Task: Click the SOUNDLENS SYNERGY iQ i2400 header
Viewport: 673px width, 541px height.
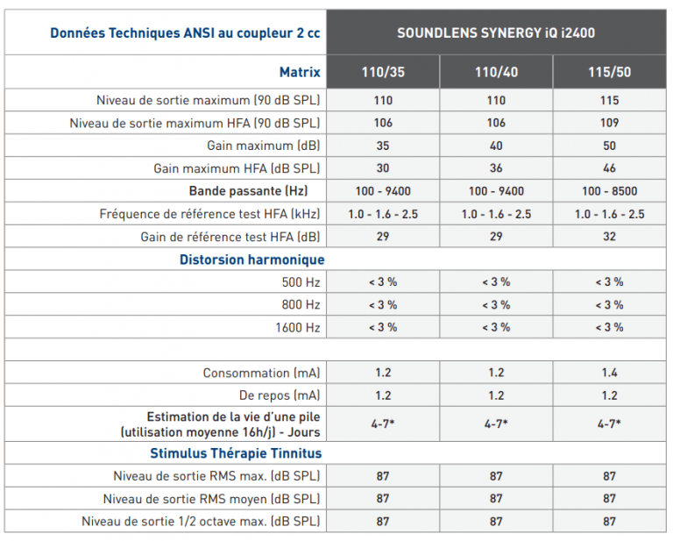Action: tap(496, 33)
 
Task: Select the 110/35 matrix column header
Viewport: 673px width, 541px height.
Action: tap(383, 72)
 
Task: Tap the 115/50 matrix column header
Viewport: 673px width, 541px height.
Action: tap(610, 72)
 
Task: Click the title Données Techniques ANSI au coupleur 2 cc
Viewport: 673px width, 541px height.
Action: tap(185, 33)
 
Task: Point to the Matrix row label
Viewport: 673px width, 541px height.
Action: tap(300, 72)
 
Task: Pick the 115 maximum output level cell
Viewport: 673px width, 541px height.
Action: tap(610, 101)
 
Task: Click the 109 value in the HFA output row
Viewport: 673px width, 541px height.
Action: tap(610, 123)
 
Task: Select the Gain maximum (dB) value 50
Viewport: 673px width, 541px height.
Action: tap(610, 146)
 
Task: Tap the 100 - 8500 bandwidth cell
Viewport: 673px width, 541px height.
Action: tap(610, 191)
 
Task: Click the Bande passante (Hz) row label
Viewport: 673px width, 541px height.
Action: tap(249, 190)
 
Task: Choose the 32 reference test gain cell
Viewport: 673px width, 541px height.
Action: tap(610, 237)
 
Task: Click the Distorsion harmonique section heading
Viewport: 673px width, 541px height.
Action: tap(252, 260)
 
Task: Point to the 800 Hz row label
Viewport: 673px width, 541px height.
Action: tap(301, 304)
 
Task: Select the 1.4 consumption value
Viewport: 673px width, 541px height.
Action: tap(610, 373)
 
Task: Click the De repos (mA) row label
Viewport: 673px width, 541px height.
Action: tap(280, 395)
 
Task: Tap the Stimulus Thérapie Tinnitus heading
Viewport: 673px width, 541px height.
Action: tap(236, 453)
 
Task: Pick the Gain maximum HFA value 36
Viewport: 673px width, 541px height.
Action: tap(496, 168)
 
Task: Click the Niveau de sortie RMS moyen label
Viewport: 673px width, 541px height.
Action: tap(211, 499)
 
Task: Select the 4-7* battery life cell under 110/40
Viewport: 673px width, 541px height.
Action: tap(496, 424)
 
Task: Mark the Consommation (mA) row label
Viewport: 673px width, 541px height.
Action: tap(261, 373)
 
